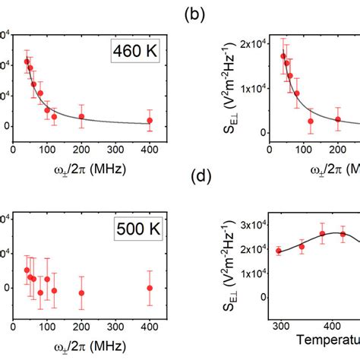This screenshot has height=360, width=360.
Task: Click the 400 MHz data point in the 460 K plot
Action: click(150, 120)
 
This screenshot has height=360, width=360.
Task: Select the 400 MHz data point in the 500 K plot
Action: click(150, 288)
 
